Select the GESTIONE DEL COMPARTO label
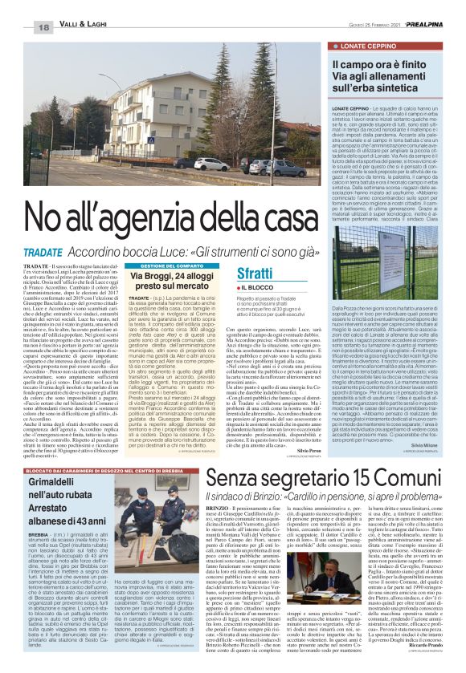pyautogui.click(x=156, y=265)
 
